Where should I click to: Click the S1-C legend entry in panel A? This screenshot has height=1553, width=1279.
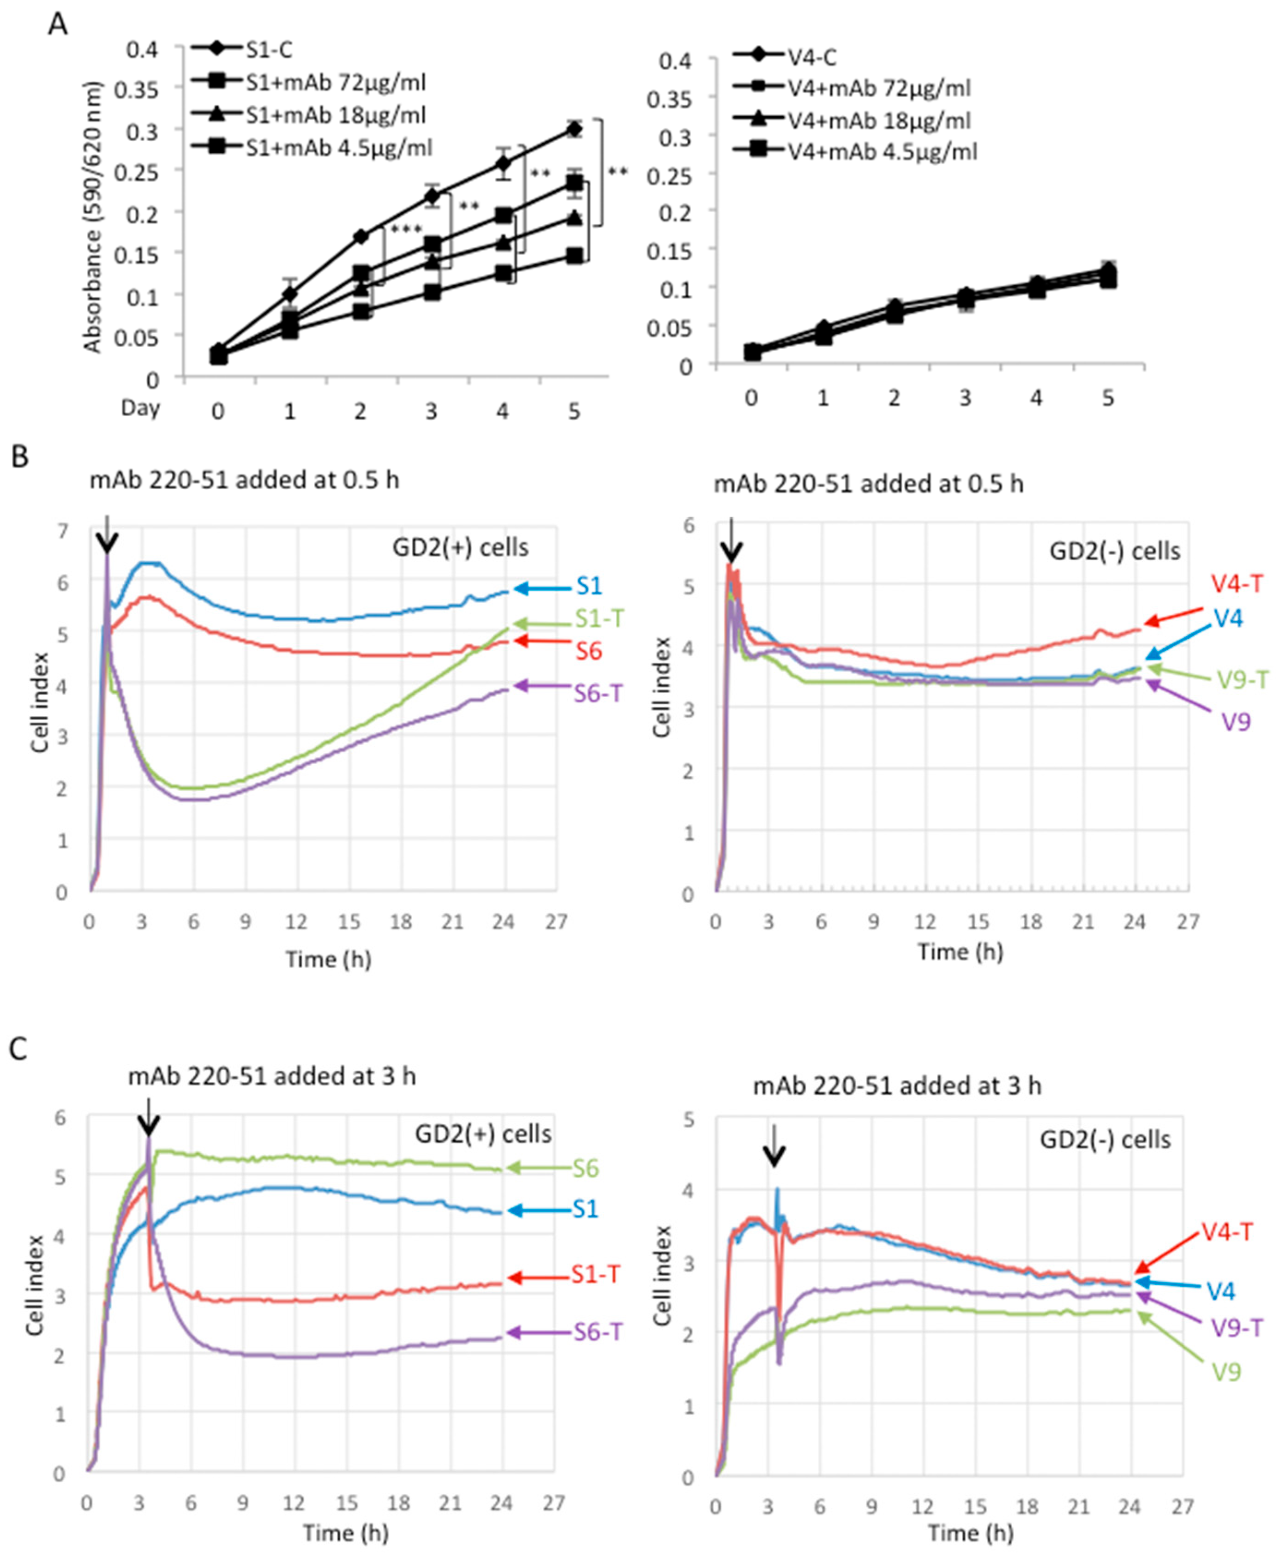point(269,50)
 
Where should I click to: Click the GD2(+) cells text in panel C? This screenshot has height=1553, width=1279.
point(483,1134)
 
